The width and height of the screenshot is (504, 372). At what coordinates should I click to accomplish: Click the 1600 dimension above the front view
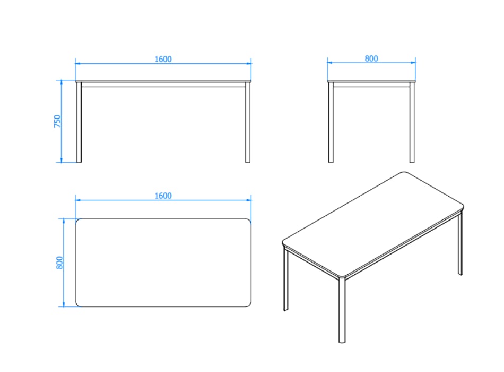tap(163, 60)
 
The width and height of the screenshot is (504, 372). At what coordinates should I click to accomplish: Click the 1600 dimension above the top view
tap(163, 196)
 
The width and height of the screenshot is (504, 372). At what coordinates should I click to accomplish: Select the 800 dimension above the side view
tap(371, 58)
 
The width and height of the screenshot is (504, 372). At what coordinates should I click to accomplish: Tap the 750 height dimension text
tap(57, 121)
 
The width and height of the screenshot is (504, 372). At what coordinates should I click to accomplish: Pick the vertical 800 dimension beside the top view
tap(59, 263)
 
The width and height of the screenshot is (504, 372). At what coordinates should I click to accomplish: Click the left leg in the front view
tap(79, 122)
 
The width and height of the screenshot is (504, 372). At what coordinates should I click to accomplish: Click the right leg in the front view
tap(248, 122)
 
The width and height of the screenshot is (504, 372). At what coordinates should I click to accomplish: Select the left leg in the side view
tap(331, 122)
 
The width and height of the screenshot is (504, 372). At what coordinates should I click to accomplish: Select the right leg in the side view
tap(412, 122)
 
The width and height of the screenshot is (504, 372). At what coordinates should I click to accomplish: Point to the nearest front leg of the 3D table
tap(342, 310)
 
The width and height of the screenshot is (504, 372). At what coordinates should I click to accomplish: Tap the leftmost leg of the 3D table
tap(285, 278)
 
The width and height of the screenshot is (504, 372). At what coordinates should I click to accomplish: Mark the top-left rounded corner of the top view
tap(78, 221)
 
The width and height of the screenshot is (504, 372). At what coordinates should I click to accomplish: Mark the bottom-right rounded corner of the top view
tap(249, 305)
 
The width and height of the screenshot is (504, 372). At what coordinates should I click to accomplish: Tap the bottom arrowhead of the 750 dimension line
tap(61, 160)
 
